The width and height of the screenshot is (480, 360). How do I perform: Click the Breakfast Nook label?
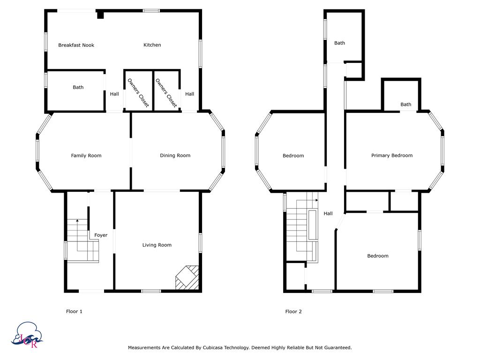pyautogui.click(x=76, y=45)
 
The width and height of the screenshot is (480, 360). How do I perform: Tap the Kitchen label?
pyautogui.click(x=152, y=45)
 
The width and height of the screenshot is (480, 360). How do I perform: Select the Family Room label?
pyautogui.click(x=86, y=156)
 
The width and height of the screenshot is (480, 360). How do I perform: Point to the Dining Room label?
pyautogui.click(x=175, y=156)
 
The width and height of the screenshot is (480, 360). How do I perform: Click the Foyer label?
pyautogui.click(x=101, y=235)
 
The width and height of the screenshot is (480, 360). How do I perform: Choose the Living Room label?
pyautogui.click(x=157, y=245)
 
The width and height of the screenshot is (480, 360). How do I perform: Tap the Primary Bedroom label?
pyautogui.click(x=391, y=156)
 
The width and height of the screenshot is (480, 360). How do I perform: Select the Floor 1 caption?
pyautogui.click(x=74, y=311)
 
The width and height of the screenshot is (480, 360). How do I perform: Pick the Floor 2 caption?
pyautogui.click(x=293, y=311)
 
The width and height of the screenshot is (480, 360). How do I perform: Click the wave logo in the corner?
pyautogui.click(x=29, y=335)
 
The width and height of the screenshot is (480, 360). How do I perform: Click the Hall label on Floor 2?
pyautogui.click(x=328, y=214)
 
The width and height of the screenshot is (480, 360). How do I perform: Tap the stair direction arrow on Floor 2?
pyautogui.click(x=317, y=200)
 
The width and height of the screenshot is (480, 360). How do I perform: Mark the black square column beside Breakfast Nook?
pyautogui.click(x=100, y=15)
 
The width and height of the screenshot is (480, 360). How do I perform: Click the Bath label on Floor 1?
pyautogui.click(x=78, y=87)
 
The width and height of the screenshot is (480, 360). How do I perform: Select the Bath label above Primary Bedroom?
pyautogui.click(x=405, y=105)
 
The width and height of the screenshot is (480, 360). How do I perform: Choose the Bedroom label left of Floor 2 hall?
pyautogui.click(x=293, y=156)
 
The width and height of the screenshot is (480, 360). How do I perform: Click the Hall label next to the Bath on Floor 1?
pyautogui.click(x=114, y=94)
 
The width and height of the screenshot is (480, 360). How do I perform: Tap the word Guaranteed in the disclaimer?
pyautogui.click(x=336, y=348)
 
